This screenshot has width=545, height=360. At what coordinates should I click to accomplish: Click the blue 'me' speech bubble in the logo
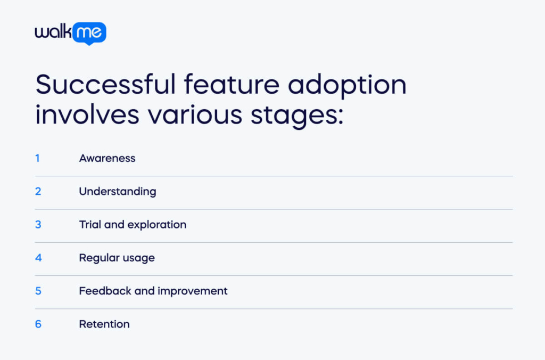tap(89, 34)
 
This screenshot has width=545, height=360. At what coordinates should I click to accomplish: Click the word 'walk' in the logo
tap(53, 31)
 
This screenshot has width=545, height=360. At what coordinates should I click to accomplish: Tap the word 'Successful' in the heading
tap(106, 85)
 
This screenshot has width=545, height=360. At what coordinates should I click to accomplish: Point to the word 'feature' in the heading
tap(232, 85)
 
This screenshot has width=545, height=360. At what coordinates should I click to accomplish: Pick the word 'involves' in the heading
tap(87, 114)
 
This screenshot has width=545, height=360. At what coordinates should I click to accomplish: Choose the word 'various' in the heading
tap(195, 115)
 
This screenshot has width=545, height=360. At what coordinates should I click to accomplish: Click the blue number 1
tap(38, 158)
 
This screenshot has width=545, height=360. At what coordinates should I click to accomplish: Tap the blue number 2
tap(38, 191)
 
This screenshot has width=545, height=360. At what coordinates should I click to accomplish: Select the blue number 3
tap(38, 224)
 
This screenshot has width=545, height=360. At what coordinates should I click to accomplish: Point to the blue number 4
tap(38, 258)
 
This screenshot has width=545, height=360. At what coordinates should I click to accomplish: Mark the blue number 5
tap(38, 291)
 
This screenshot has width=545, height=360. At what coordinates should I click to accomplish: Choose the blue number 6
tap(38, 324)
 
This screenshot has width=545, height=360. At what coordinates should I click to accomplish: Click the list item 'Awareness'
tap(108, 158)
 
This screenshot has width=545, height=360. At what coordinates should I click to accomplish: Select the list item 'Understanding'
tap(118, 192)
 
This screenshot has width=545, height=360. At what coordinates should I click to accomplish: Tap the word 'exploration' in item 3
tap(157, 225)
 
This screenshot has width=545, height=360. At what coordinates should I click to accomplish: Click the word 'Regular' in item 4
tap(100, 258)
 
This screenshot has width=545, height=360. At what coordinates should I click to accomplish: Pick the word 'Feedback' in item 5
tap(105, 291)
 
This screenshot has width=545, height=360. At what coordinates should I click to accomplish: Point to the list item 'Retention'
tap(105, 324)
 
